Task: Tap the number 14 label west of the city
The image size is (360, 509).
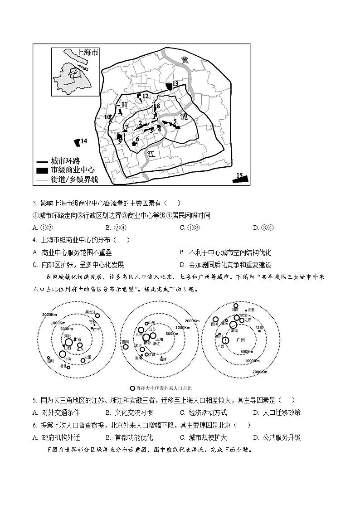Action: click(84, 141)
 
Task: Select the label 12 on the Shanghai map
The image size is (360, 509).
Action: click(145, 96)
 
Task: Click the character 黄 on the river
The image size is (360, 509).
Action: click(185, 60)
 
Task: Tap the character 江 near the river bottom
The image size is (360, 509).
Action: click(151, 154)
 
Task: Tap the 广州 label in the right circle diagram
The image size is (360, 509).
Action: click(240, 339)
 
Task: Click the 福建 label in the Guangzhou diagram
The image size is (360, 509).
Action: click(259, 327)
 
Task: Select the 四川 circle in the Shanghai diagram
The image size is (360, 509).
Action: click(126, 347)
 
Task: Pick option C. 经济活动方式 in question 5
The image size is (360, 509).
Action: click(203, 412)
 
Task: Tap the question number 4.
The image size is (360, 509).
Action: click(35, 240)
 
